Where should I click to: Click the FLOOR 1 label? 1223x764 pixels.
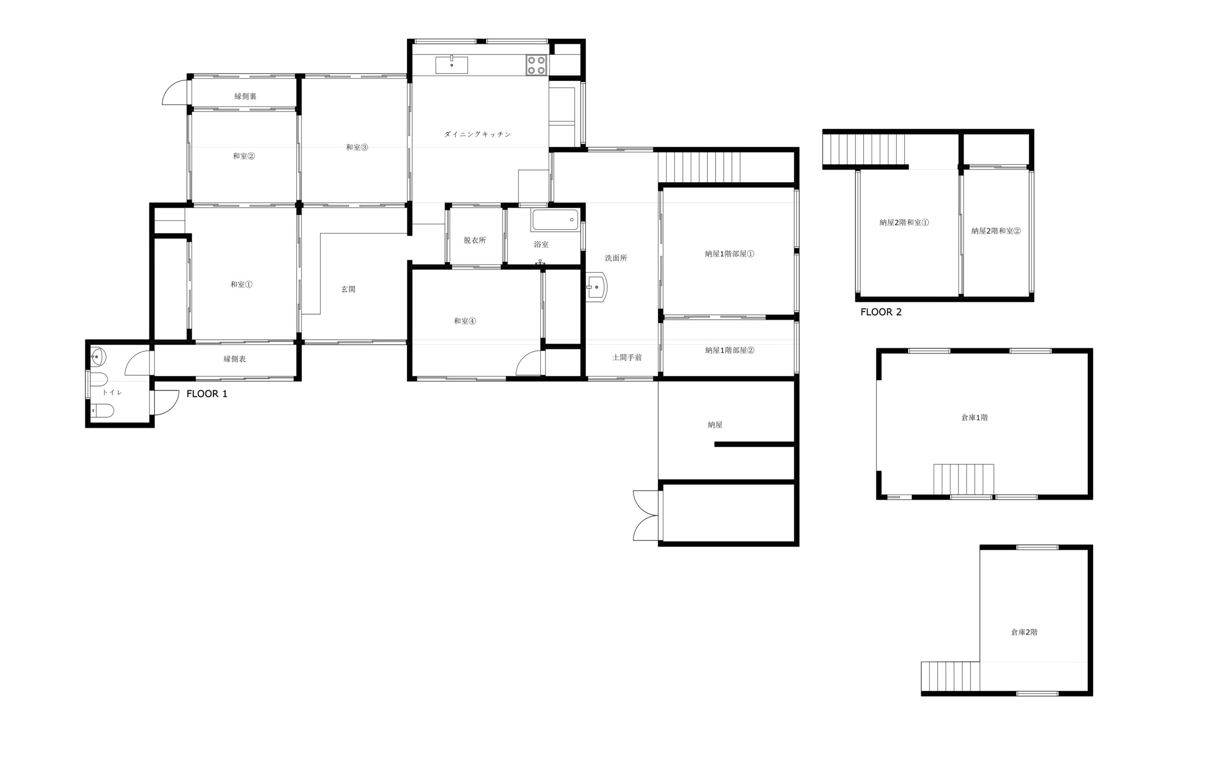(x=206, y=394)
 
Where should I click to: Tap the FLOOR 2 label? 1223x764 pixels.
(x=881, y=312)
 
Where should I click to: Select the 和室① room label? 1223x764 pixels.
(x=241, y=284)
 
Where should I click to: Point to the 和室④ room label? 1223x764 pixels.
(x=465, y=321)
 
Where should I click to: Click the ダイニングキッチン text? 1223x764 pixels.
(x=477, y=134)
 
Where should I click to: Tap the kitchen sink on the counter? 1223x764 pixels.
(x=451, y=65)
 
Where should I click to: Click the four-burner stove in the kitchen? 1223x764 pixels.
(x=536, y=65)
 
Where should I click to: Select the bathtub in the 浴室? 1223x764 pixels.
(x=555, y=220)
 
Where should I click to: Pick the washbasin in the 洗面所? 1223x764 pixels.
(x=597, y=287)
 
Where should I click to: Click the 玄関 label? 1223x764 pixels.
(x=348, y=290)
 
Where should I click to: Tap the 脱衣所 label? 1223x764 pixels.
(x=475, y=240)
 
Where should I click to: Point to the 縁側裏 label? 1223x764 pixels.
(x=246, y=97)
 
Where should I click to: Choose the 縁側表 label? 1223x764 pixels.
(x=235, y=359)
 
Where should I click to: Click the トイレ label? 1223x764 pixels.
(x=112, y=393)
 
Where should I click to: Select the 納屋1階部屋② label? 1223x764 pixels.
(x=730, y=350)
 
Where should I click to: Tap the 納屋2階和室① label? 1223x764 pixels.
(x=904, y=222)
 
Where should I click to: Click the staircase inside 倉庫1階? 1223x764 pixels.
(x=963, y=480)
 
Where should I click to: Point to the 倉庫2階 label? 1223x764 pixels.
(x=1024, y=632)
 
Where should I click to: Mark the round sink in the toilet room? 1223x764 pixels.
(x=98, y=357)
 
